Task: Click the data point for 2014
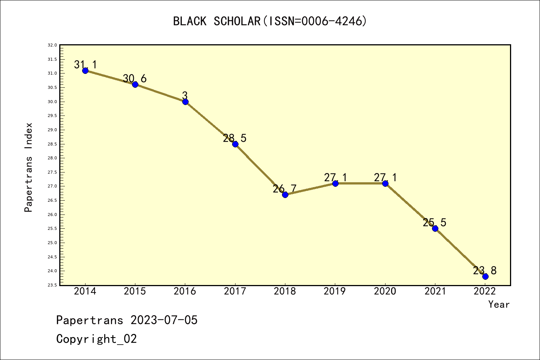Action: (x=85, y=70)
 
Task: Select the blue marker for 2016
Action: (x=185, y=102)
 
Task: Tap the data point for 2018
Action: (x=285, y=195)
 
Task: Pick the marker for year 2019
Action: (x=335, y=183)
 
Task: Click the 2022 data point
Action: (x=485, y=276)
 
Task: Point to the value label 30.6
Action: (x=135, y=79)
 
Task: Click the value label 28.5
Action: (x=235, y=138)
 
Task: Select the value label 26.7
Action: (x=285, y=189)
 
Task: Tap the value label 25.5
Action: (x=435, y=223)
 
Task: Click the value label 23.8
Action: (x=484, y=271)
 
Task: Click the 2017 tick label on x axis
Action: (x=235, y=291)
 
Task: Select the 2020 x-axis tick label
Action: (x=385, y=291)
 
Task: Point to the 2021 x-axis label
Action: (x=435, y=291)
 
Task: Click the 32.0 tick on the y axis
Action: (x=52, y=45)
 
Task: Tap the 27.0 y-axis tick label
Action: (x=52, y=186)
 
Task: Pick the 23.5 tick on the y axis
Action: (x=52, y=285)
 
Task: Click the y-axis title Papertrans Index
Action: (x=28, y=167)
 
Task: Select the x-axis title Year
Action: (x=499, y=304)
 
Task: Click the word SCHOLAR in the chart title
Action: (x=237, y=21)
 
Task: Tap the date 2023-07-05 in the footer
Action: (x=164, y=320)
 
